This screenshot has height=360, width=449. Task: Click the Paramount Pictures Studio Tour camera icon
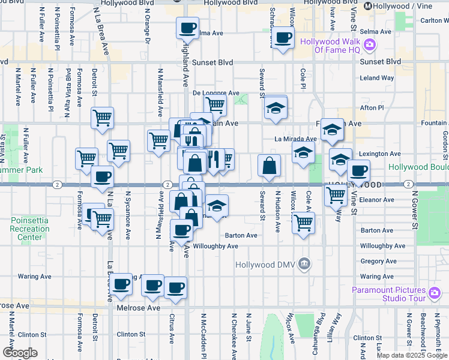[x=435, y=293]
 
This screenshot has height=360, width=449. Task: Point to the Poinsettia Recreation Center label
[x=25, y=229]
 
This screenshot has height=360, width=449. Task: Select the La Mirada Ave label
[x=295, y=139]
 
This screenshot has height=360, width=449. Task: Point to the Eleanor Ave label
[x=377, y=200]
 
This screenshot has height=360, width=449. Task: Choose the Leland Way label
[x=377, y=78]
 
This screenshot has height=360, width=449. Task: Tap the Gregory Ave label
[x=377, y=262]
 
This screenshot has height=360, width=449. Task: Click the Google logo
[x=19, y=353]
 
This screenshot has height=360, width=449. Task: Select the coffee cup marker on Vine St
[x=358, y=171]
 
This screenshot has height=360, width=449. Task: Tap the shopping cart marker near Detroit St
[x=103, y=118]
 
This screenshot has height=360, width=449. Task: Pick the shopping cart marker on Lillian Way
[x=335, y=194]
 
